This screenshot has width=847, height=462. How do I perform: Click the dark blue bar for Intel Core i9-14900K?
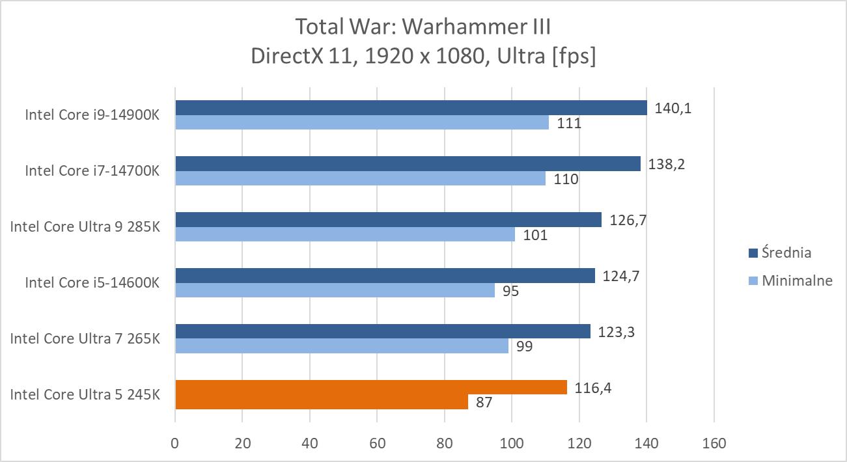click(411, 107)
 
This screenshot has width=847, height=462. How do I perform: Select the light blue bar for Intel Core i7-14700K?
click(360, 178)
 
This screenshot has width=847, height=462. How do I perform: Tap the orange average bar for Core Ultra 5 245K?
click(371, 388)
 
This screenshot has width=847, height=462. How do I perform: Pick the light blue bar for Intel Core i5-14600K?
click(335, 290)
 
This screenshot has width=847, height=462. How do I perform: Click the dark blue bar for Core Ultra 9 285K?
click(388, 220)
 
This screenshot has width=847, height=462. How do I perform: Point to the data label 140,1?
click(673, 108)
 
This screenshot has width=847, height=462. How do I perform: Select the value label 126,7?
click(628, 220)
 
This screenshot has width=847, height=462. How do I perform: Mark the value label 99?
click(523, 347)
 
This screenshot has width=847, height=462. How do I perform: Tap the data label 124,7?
click(621, 276)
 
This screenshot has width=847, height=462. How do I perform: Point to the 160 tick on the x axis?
click(714, 444)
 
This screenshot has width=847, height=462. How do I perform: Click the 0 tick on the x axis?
click(175, 444)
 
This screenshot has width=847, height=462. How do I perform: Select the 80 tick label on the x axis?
click(445, 444)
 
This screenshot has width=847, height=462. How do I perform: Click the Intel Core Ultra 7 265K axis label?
click(85, 338)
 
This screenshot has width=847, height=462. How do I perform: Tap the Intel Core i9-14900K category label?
click(92, 115)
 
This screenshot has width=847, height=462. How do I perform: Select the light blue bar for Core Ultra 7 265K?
click(341, 346)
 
